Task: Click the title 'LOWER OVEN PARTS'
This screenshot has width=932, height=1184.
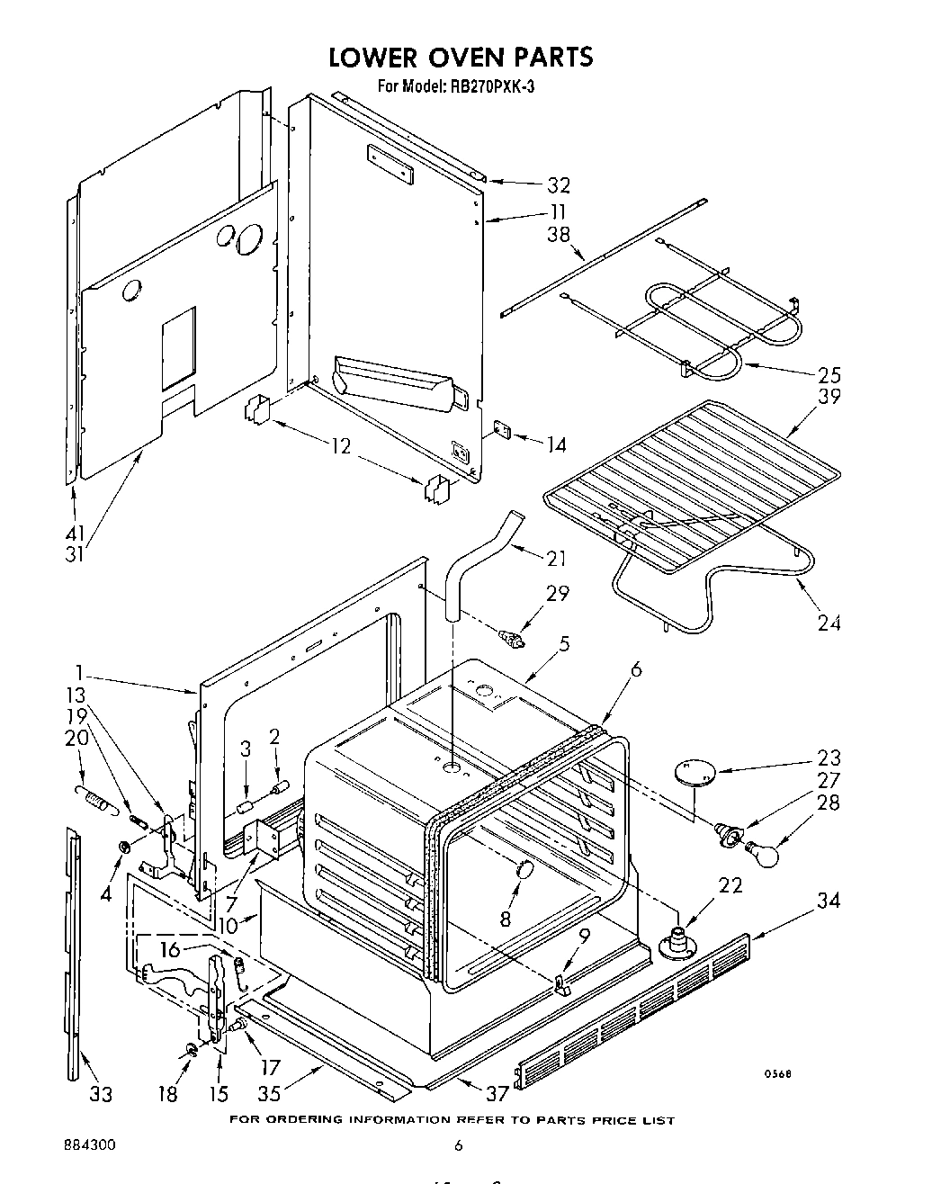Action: click(460, 57)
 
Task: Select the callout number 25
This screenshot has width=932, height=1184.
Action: click(829, 375)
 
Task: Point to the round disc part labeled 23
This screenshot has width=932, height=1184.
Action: click(694, 772)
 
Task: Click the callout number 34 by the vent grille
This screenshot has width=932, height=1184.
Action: click(829, 900)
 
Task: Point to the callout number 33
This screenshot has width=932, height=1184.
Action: click(101, 1094)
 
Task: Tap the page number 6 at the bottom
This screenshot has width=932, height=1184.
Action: click(458, 1146)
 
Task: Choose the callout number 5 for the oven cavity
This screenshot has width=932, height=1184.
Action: click(562, 643)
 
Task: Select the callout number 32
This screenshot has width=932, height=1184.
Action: click(559, 185)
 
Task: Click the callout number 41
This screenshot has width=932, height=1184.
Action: click(76, 534)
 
